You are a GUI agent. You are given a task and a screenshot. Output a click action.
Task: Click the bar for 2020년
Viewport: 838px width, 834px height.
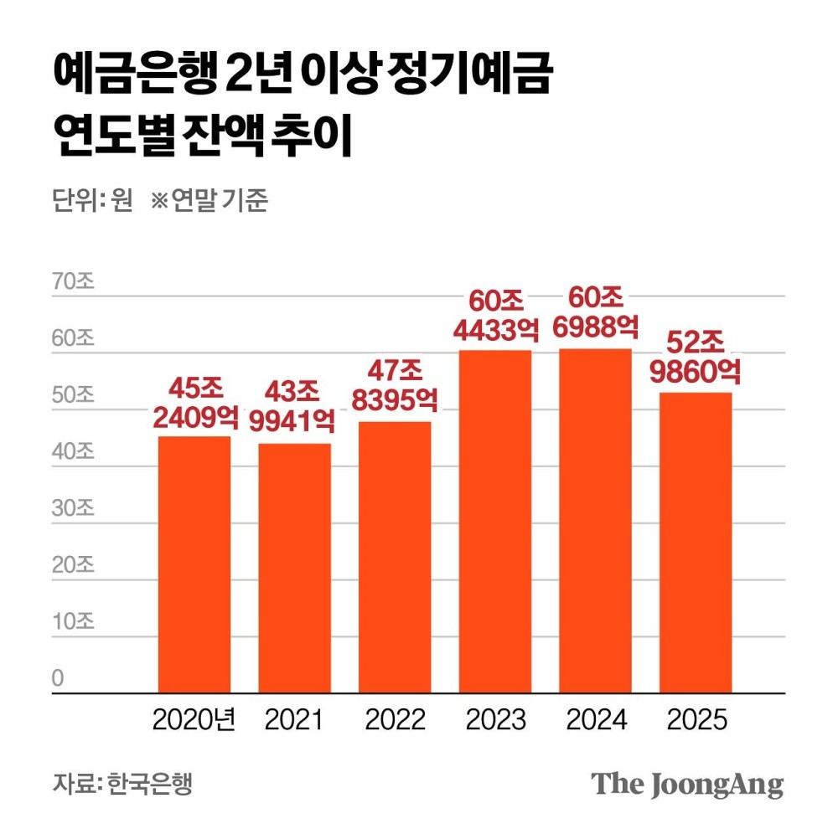(194, 564)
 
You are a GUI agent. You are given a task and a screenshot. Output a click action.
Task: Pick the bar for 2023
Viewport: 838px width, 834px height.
(494, 521)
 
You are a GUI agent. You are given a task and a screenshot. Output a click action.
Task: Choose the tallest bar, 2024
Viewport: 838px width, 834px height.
(594, 520)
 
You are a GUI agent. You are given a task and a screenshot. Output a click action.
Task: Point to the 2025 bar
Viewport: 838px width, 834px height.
(695, 543)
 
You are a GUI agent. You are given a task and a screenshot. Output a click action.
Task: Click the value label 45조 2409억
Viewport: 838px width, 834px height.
(195, 403)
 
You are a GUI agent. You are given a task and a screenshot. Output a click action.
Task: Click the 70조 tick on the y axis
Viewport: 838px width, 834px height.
(74, 282)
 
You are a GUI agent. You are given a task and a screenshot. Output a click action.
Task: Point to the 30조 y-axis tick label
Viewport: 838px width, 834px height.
(74, 509)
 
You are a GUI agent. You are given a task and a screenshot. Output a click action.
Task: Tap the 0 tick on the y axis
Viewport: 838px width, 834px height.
(58, 678)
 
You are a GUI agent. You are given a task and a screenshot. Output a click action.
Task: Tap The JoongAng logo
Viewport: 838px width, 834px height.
(687, 785)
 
